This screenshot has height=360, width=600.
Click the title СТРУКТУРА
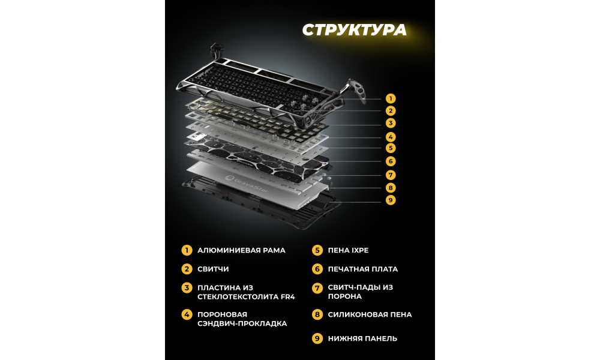pyautogui.click(x=355, y=30)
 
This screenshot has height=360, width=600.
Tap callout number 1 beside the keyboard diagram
pyautogui.click(x=391, y=99)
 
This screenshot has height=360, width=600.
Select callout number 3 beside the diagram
pyautogui.click(x=391, y=123)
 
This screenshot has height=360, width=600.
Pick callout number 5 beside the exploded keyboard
pyautogui.click(x=391, y=148)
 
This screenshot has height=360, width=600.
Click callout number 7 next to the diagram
pyautogui.click(x=391, y=175)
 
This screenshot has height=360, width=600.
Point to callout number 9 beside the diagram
pyautogui.click(x=391, y=200)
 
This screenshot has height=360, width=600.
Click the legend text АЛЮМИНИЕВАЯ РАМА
pyautogui.click(x=241, y=251)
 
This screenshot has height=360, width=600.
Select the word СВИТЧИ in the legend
pyautogui.click(x=213, y=269)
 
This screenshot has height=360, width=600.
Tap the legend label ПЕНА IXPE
pyautogui.click(x=348, y=251)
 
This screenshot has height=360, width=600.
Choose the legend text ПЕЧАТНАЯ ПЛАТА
pyautogui.click(x=363, y=269)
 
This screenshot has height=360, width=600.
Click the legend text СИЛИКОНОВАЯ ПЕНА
pyautogui.click(x=370, y=315)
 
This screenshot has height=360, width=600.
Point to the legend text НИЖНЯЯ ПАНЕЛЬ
pyautogui.click(x=362, y=338)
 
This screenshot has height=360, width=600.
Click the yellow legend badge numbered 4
pyautogui.click(x=187, y=315)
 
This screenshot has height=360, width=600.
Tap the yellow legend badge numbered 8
pyautogui.click(x=317, y=315)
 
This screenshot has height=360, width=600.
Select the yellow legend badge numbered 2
pyautogui.click(x=187, y=269)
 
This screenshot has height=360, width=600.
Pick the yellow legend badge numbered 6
pyautogui.click(x=317, y=269)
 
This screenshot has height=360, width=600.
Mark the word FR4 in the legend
pyautogui.click(x=287, y=297)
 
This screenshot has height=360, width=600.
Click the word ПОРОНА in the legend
pyautogui.click(x=345, y=296)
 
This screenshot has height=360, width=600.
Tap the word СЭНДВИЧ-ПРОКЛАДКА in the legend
pyautogui.click(x=242, y=324)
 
